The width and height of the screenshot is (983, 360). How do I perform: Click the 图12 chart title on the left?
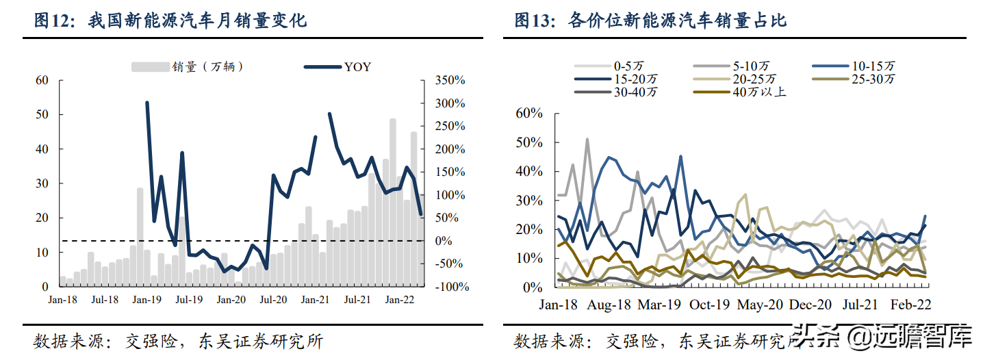tap(170, 21)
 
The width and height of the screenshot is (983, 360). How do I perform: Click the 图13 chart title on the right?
tap(650, 21)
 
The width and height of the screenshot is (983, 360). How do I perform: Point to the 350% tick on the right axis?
tap(450, 81)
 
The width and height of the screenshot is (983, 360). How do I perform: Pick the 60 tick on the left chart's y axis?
tap(42, 81)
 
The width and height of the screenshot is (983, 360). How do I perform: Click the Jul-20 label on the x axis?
tap(273, 300)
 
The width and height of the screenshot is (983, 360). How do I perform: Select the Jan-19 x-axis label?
tap(147, 300)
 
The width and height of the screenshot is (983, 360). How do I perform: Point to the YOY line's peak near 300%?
tap(147, 103)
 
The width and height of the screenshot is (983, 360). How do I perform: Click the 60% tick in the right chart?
tap(527, 114)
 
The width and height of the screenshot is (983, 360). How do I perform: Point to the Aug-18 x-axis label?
tap(609, 304)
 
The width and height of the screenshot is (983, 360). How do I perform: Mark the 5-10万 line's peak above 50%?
tap(587, 139)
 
